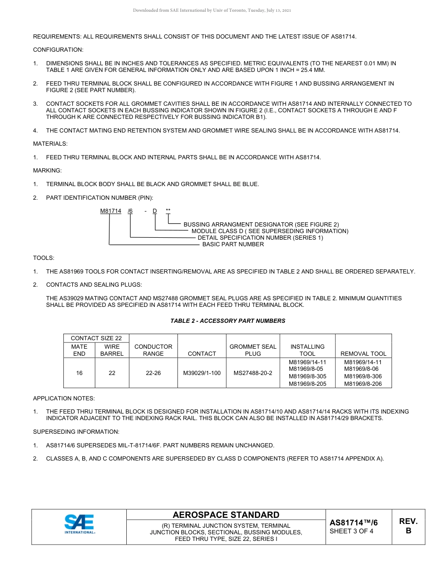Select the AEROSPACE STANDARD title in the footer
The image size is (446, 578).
coord(226,515)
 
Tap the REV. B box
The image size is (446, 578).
coord(408,526)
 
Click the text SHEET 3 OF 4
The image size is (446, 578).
coord(352,531)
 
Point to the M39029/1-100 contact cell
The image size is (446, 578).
coord(202,373)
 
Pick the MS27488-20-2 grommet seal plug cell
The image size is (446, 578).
coord(253,373)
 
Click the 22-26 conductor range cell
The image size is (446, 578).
coord(153,373)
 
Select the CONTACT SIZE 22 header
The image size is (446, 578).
coord(96,338)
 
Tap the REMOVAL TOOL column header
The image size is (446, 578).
coord(363,354)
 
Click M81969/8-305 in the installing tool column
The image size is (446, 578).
coord(308,376)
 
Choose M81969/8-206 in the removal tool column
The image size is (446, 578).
coord(363,384)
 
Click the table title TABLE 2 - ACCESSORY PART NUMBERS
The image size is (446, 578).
coord(228,321)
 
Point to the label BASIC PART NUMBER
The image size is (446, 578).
coord(233,244)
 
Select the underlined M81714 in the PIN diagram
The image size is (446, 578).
coord(110,211)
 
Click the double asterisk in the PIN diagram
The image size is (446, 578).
coord(168,211)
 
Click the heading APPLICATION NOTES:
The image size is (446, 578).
coord(64,398)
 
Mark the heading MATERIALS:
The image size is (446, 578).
coord(50,144)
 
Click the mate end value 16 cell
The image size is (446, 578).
coord(79,373)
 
